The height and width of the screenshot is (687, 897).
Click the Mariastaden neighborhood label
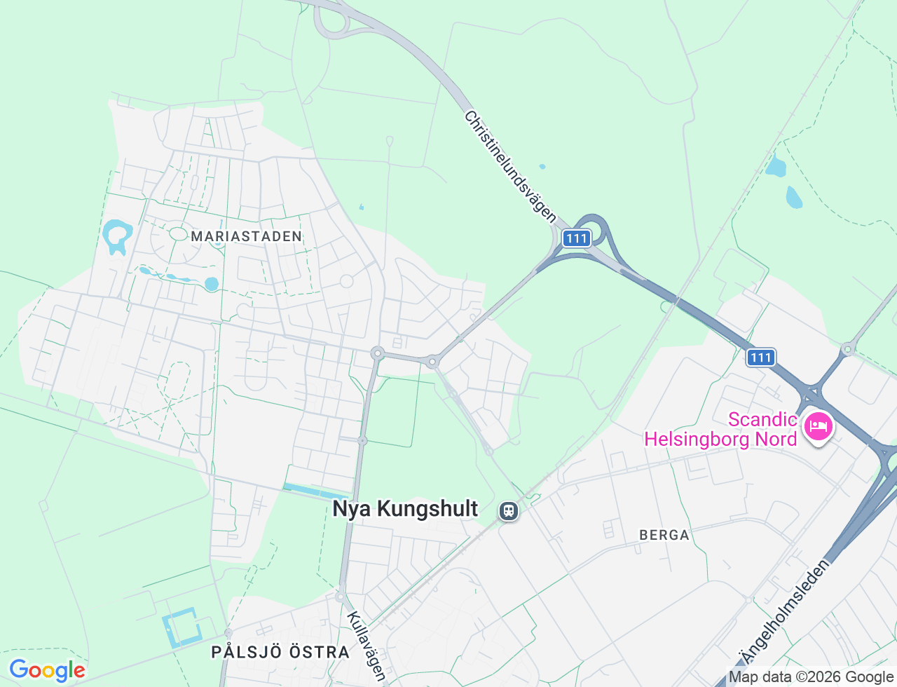246,236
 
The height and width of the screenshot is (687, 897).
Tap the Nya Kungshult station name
405,509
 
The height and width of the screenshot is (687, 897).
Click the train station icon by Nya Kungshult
509,510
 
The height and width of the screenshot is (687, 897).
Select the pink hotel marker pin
818,426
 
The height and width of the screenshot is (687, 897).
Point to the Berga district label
664,535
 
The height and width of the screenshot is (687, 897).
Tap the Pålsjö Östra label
280,652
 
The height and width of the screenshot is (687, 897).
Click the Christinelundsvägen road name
510,167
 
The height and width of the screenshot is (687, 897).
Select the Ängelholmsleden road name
785,611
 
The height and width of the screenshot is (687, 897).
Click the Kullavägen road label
367,646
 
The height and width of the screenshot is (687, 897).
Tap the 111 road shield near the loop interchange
576,238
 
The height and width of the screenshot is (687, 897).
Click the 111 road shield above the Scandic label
760,358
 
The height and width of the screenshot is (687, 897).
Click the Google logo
47,670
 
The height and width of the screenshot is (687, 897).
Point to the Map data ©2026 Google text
811,676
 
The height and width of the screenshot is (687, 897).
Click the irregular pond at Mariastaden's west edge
116,234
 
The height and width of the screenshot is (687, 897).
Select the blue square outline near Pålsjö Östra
181,629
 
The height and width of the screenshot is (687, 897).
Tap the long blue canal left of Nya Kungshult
315,491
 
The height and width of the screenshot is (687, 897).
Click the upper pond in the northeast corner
775,166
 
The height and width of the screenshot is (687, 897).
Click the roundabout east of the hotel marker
847,348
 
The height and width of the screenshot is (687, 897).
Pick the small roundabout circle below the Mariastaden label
346,281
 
